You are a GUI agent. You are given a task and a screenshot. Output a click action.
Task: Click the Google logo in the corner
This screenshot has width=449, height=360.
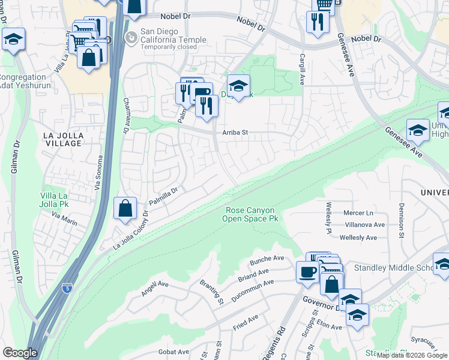coord(19,353)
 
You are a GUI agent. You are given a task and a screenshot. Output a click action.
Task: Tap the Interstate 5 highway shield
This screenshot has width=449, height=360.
coord(66,289)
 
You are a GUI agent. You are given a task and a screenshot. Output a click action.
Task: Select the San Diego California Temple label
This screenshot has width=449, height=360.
coord(173,35)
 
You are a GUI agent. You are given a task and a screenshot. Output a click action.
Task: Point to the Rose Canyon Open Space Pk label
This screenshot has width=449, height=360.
coord(250,215)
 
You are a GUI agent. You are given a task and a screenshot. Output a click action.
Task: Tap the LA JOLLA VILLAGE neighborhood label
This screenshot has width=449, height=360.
coord(62,140)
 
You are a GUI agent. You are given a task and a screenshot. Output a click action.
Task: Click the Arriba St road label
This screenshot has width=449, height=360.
coord(235,132)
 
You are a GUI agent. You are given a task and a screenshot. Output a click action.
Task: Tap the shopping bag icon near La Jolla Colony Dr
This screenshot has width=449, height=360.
coord(125,209)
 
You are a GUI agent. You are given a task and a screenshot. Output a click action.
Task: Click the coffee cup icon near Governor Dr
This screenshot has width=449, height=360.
coord(307,271)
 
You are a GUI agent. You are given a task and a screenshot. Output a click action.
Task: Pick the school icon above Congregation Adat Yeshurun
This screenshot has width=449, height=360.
coord(13,40)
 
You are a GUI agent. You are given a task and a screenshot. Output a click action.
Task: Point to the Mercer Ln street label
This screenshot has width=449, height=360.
coord(358,213)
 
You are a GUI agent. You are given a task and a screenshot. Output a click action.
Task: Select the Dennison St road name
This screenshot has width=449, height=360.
coord(401,219)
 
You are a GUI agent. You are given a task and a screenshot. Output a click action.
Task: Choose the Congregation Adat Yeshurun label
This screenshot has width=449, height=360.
coord(23,81)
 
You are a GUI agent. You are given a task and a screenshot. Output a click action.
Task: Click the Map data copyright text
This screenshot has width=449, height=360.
coord(412,355)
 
